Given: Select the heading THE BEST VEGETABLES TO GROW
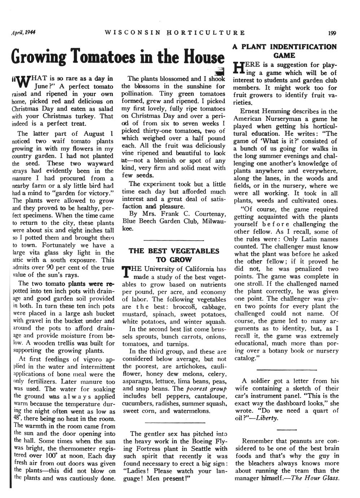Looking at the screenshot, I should [174, 255].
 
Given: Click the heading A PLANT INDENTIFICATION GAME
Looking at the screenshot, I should [284, 51].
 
